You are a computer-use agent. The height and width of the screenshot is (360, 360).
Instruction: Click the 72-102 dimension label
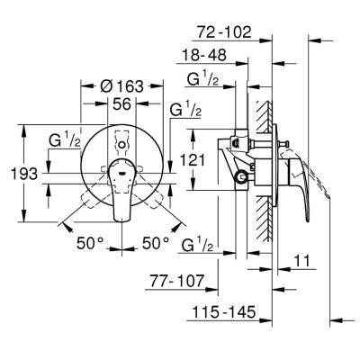pyautogui.click(x=224, y=31)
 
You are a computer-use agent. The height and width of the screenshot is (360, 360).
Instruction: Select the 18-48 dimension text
pyautogui.click(x=204, y=55)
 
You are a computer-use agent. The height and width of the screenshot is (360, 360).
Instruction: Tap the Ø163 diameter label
pyautogui.click(x=121, y=86)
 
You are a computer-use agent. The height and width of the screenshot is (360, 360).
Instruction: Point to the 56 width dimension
pyautogui.click(x=122, y=104)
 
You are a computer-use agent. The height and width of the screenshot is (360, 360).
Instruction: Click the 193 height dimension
pyautogui.click(x=24, y=174)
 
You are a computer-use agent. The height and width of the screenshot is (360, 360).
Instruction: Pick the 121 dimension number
pyautogui.click(x=193, y=160)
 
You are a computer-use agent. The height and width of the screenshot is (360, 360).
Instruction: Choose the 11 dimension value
pyautogui.click(x=301, y=261)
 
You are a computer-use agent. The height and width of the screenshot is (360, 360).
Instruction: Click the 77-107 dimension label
pyautogui.click(x=177, y=281)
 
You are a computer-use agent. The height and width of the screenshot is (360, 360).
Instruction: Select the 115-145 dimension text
pyautogui.click(x=224, y=312)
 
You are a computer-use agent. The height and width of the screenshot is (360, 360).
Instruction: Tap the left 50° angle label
pyautogui.click(x=90, y=243)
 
